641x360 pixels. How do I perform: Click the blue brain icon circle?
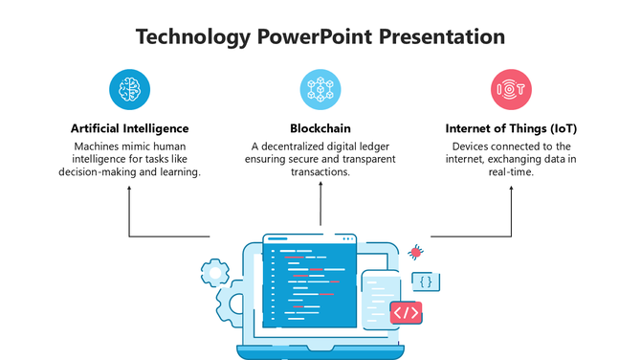[x=129, y=89]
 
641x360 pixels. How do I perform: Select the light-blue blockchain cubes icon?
[x=320, y=89]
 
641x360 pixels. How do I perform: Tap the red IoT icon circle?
[x=511, y=89]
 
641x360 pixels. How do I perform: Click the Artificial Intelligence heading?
[x=129, y=127]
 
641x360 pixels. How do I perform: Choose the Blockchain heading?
[x=320, y=127]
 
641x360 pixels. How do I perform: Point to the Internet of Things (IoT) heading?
[x=511, y=127]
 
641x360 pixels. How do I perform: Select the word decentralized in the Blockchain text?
[x=298, y=146]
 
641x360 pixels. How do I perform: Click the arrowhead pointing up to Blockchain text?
[x=320, y=188]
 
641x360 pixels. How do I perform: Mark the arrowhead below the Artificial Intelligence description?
[x=129, y=188]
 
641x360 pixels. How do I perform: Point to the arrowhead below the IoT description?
[x=511, y=188]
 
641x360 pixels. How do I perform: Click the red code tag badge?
[x=406, y=312]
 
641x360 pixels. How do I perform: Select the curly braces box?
[x=427, y=281]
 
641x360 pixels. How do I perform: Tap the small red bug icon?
[x=416, y=252]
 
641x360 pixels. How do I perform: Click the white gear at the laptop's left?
[x=215, y=274]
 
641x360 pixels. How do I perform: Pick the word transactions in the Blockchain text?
[x=320, y=173]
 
